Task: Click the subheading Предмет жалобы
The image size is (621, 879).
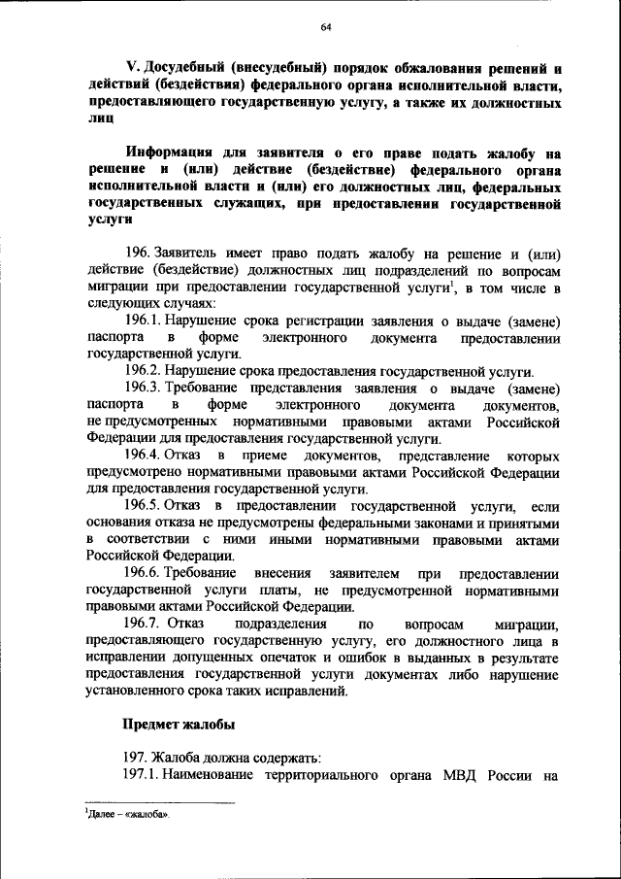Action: click(x=179, y=724)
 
